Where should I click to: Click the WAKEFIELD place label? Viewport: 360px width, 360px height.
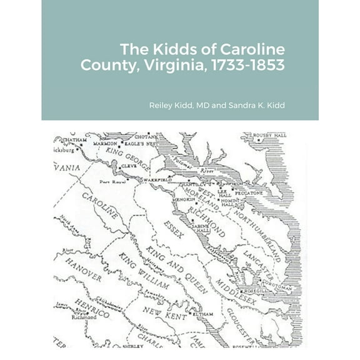[x=157, y=179]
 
